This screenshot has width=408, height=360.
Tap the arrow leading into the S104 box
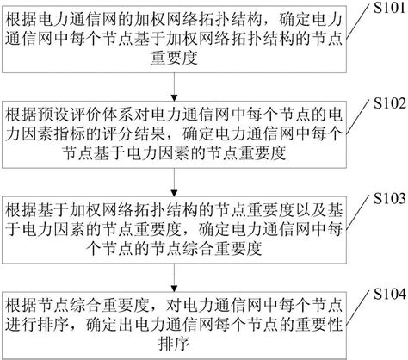coord(176,278)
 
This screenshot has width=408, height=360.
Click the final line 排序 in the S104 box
coord(176,343)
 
